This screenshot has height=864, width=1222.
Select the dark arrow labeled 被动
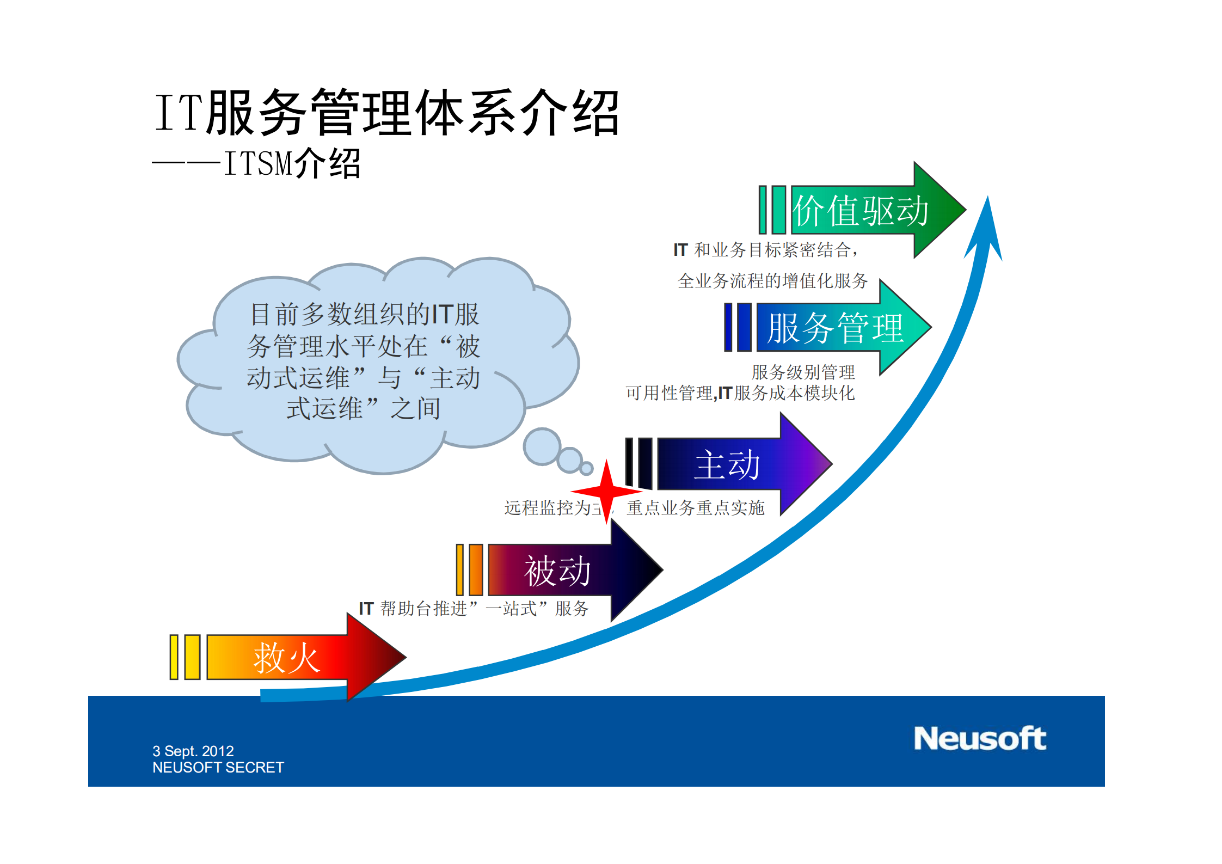(x=572, y=571)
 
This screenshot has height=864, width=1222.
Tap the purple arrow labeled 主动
(x=740, y=464)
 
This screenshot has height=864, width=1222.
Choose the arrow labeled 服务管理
(x=838, y=328)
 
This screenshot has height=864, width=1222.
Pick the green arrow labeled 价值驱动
(x=871, y=211)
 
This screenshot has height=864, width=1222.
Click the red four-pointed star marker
(x=607, y=492)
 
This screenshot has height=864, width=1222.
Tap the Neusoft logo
(x=979, y=739)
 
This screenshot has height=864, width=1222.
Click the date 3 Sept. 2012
(x=193, y=751)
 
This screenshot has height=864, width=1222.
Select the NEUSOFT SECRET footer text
(x=218, y=768)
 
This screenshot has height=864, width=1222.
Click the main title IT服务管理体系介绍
(x=386, y=113)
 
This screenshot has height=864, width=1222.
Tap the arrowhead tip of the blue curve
(x=987, y=204)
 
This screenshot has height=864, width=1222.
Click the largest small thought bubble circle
(x=542, y=446)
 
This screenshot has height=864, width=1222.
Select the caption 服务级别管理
(x=803, y=372)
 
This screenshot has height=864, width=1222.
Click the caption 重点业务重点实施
(x=695, y=508)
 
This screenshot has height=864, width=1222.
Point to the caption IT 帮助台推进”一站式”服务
(x=474, y=608)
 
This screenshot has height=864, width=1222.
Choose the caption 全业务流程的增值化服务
(x=772, y=281)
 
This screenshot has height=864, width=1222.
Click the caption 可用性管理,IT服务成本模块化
(x=740, y=393)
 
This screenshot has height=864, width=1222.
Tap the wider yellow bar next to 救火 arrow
(x=192, y=657)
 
